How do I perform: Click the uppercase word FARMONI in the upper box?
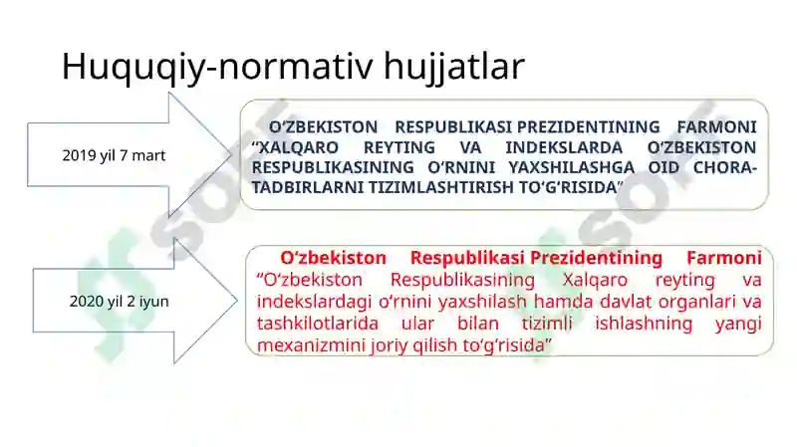tap(716, 126)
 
